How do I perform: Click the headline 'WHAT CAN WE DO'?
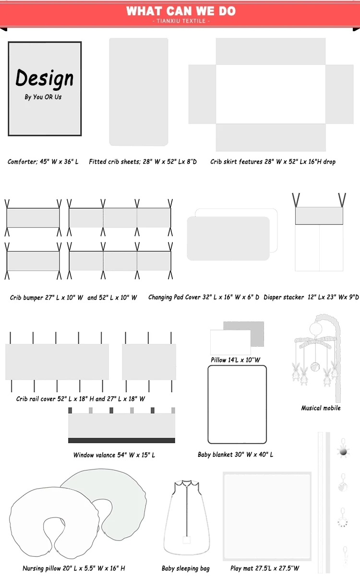click(x=180, y=11)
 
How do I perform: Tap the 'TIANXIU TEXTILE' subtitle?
click(x=180, y=22)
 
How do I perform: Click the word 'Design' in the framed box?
click(x=45, y=78)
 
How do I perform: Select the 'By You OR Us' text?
click(x=43, y=97)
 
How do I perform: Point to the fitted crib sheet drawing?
click(x=139, y=92)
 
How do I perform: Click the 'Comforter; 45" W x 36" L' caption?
click(x=43, y=162)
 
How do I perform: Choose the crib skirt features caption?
click(x=273, y=162)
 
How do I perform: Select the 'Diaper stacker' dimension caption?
click(x=311, y=297)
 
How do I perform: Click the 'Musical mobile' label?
click(x=321, y=408)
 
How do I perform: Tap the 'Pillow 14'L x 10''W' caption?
click(x=235, y=360)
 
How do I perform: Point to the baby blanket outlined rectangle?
click(x=237, y=404)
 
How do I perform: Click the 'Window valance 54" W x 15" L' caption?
click(x=114, y=455)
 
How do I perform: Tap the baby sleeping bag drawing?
click(x=186, y=518)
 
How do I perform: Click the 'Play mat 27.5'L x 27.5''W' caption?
click(x=264, y=568)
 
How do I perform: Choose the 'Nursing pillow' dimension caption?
click(x=74, y=568)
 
